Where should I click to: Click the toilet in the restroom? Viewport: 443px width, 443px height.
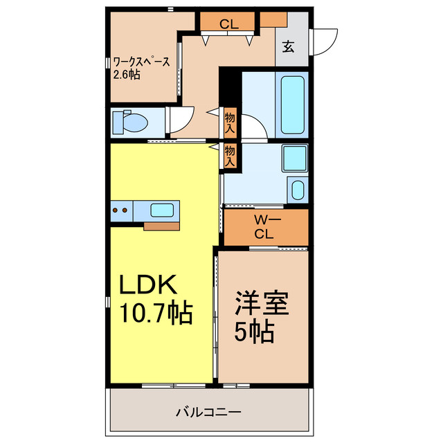coord(130,123)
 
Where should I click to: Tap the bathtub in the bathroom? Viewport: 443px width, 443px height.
coord(292,105)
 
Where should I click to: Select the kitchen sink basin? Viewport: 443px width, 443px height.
coord(162,210)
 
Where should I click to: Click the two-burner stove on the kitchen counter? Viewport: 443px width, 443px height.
coord(121,210)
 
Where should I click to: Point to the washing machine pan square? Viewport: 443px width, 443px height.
coord(295,159)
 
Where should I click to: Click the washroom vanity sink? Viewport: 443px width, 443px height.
coord(298,190)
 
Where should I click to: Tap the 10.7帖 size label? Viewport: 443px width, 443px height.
coord(156,313)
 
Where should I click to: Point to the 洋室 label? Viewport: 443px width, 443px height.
coord(262,303)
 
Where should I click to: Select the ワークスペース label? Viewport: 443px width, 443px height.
coord(141,62)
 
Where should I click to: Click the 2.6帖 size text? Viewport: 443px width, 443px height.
coord(127,75)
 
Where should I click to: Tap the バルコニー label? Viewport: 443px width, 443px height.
coord(208,413)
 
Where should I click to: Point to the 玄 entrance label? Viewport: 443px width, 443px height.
coord(289,46)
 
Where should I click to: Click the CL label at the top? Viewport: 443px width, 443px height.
coord(229,24)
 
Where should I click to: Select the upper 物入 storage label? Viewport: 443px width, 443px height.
coord(230,123)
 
